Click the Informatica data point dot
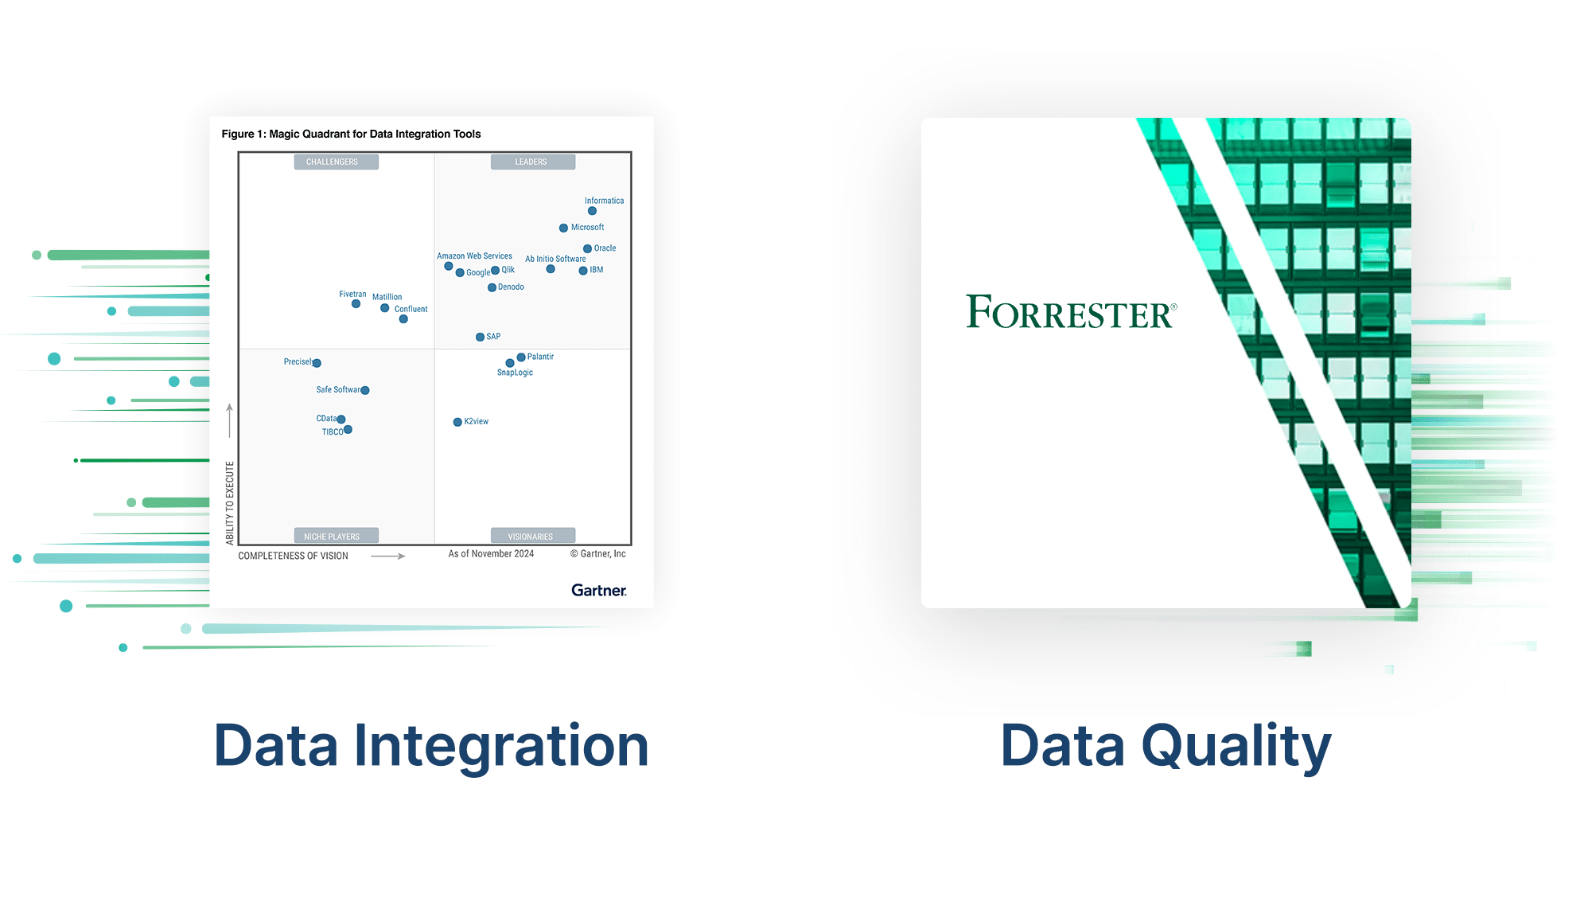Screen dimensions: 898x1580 tap(592, 211)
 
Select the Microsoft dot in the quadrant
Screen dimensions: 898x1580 tap(563, 228)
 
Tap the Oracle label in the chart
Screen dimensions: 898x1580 tap(605, 248)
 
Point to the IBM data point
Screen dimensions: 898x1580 tap(583, 271)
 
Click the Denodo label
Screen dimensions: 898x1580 tap(511, 287)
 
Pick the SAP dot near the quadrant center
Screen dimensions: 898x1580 tap(480, 338)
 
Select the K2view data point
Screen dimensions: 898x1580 tap(457, 422)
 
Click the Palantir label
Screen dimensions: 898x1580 tap(540, 357)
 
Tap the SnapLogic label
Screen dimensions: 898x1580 tap(515, 373)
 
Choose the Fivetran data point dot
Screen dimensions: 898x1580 tap(356, 304)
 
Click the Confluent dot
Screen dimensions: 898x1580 tap(403, 319)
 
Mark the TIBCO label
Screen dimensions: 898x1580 tap(332, 432)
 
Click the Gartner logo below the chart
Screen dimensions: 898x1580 tap(598, 590)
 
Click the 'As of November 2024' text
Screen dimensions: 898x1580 tap(491, 554)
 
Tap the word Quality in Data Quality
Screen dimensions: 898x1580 tap(1236, 746)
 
